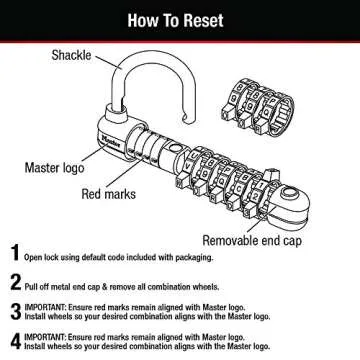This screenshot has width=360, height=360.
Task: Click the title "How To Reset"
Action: point(180,17)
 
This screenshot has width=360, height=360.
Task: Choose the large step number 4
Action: point(16,341)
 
